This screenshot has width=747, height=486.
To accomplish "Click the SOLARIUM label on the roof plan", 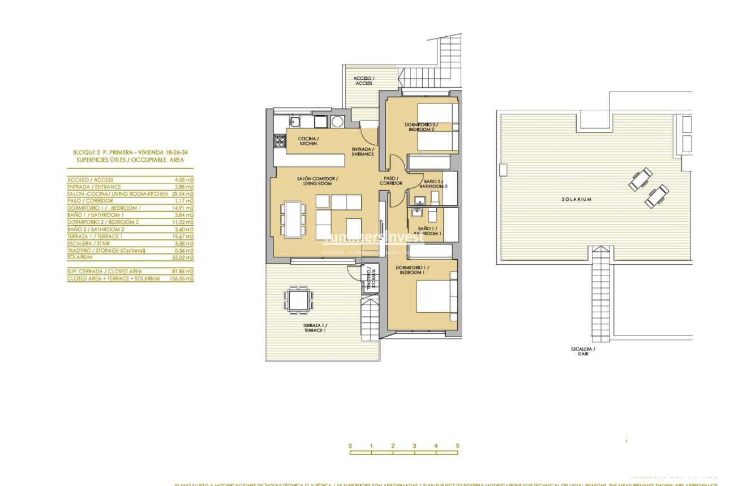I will click(577, 199).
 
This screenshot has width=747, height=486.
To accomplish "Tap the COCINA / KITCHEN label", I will click(308, 141).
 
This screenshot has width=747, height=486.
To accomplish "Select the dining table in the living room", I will click(293, 220).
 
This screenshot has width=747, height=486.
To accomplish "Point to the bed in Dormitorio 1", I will click(436, 296).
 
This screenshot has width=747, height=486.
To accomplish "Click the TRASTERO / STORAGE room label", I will click(370, 279).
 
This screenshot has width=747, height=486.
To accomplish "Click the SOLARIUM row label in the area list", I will click(79, 257).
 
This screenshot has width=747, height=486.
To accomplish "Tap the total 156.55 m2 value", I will click(181, 278).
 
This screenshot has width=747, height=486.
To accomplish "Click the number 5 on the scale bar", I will click(457, 446).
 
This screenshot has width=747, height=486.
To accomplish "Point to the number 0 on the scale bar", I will click(350, 446).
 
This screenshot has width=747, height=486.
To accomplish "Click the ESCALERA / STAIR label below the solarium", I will click(582, 351).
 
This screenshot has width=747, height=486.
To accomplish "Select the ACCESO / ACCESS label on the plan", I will click(364, 81).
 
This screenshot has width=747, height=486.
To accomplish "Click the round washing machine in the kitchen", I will click(337, 121).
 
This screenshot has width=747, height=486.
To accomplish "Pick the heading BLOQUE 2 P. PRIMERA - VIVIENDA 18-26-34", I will click(130, 152).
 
